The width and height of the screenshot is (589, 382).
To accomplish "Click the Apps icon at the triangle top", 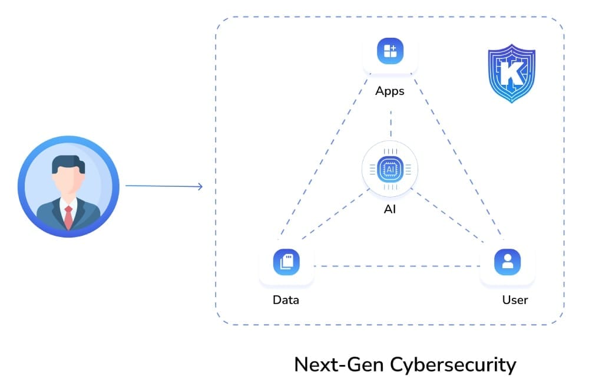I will (x=390, y=51).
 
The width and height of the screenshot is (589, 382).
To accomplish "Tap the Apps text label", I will (x=390, y=91).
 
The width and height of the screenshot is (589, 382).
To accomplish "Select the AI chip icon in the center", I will (x=390, y=169).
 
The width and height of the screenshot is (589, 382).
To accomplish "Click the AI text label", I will (x=390, y=209).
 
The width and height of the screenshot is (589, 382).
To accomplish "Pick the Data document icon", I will (x=286, y=262).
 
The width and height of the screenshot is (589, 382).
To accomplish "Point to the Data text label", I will (x=286, y=300).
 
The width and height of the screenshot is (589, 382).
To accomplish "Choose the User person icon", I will (x=507, y=262).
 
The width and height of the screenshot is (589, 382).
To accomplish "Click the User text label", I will (x=515, y=300).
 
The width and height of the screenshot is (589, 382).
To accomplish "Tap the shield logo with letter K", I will (x=511, y=73).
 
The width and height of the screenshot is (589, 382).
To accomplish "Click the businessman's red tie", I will (x=68, y=218).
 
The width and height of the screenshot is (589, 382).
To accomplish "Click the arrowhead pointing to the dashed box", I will (x=200, y=187).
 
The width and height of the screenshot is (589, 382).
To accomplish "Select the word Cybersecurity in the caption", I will (x=454, y=364).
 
